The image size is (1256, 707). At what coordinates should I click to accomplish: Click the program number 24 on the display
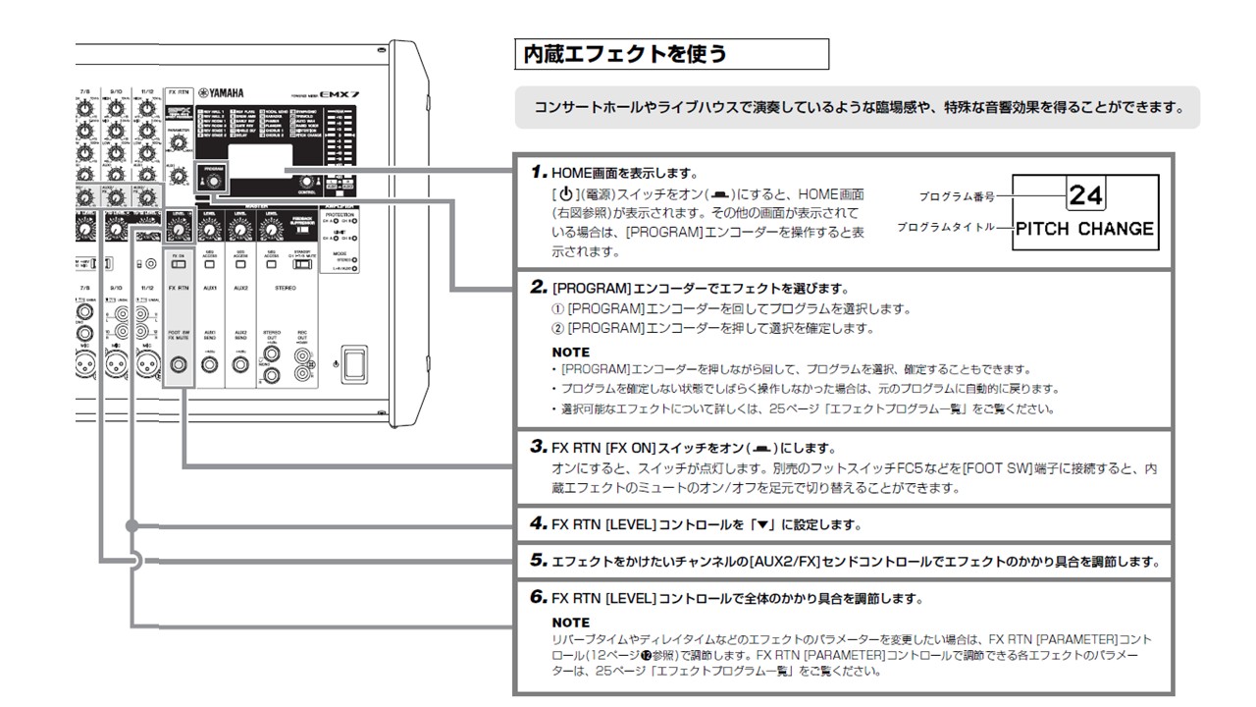tap(1085, 194)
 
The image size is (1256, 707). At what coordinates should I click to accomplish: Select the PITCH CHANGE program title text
tap(1084, 229)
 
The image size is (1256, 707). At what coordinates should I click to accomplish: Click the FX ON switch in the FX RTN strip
tap(178, 263)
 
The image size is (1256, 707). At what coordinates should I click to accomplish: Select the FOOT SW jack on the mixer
tap(179, 365)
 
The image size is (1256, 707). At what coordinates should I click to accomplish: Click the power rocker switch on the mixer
tap(352, 364)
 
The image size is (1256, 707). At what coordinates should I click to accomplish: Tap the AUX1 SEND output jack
tap(209, 365)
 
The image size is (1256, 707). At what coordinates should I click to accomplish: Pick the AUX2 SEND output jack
tap(239, 365)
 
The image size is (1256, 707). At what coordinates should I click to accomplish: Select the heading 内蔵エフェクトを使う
tap(625, 54)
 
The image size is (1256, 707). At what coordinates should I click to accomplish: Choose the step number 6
tap(539, 597)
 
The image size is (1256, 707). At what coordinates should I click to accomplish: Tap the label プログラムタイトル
tap(944, 228)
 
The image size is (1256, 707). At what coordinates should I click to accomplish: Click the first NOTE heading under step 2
tap(570, 352)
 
